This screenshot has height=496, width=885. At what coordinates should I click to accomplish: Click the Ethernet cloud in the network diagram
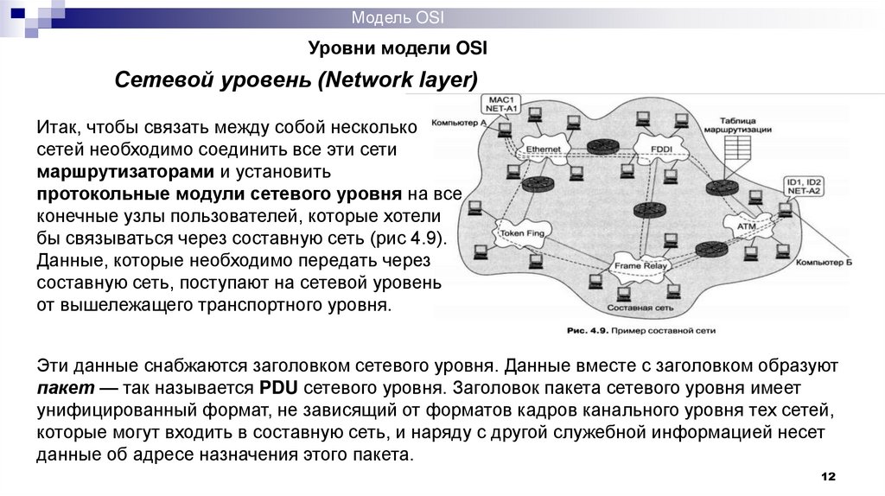pyautogui.click(x=544, y=149)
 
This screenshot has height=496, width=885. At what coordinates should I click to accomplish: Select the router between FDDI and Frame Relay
pyautogui.click(x=644, y=209)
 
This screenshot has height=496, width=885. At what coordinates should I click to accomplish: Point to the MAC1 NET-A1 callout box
pyautogui.click(x=500, y=105)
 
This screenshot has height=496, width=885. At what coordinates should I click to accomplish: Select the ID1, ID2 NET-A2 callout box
pyautogui.click(x=803, y=187)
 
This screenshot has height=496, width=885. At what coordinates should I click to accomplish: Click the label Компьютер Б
pyautogui.click(x=824, y=262)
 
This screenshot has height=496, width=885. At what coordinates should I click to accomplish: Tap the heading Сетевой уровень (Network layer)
pyautogui.click(x=296, y=81)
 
